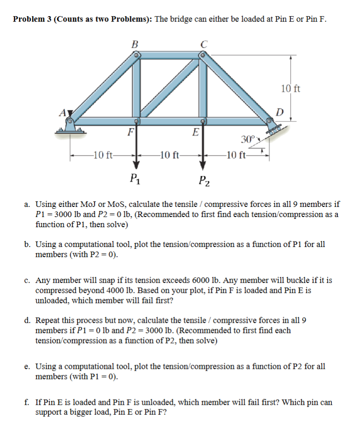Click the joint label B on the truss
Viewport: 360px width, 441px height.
click(134, 45)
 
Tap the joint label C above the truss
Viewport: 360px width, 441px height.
click(204, 45)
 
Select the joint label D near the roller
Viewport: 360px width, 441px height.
click(279, 112)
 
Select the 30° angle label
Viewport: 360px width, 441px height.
click(247, 139)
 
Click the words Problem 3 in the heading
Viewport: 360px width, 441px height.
click(32, 19)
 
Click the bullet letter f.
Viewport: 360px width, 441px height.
click(27, 402)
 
